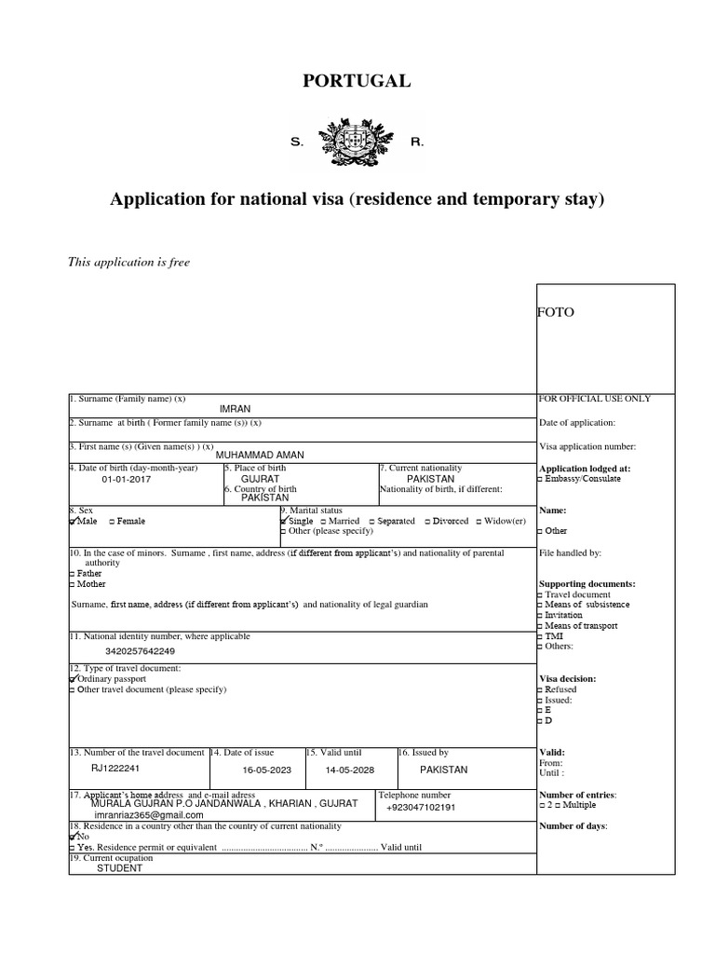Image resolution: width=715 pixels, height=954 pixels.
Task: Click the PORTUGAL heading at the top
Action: (357, 81)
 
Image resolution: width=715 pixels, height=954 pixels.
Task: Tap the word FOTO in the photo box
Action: (556, 312)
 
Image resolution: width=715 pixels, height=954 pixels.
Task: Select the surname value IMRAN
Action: (235, 409)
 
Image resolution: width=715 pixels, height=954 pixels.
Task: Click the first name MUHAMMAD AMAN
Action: (260, 455)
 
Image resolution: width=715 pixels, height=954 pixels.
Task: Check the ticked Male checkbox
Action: (74, 522)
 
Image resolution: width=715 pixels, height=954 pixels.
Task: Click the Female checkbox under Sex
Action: (113, 522)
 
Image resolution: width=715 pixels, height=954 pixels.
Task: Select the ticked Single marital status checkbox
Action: (285, 522)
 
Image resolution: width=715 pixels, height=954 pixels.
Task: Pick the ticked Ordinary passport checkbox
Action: (74, 679)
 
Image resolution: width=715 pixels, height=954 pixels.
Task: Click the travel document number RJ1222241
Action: (115, 769)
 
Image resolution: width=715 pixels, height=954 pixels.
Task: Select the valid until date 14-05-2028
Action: (351, 770)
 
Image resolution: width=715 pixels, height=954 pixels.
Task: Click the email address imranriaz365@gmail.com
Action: (149, 814)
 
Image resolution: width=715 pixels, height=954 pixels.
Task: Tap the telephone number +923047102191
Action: (421, 808)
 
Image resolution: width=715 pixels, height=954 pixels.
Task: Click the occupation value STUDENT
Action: (120, 868)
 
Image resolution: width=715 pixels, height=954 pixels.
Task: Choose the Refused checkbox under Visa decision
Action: (542, 690)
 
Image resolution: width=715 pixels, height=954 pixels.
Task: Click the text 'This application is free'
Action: (128, 263)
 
